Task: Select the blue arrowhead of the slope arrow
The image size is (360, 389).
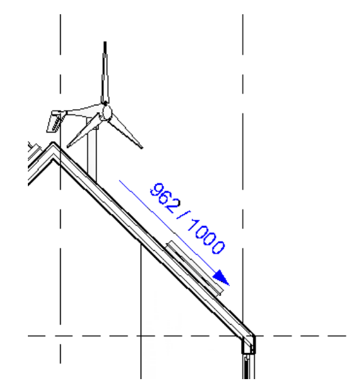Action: pos(222,279)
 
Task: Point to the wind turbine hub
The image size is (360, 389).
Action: pos(106,112)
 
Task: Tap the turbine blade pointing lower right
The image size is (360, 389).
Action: pos(126,131)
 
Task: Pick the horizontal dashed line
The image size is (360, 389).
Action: pos(124,336)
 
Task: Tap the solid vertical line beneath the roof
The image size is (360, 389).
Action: pos(142,310)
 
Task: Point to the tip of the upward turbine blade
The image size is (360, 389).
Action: pos(105,43)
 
